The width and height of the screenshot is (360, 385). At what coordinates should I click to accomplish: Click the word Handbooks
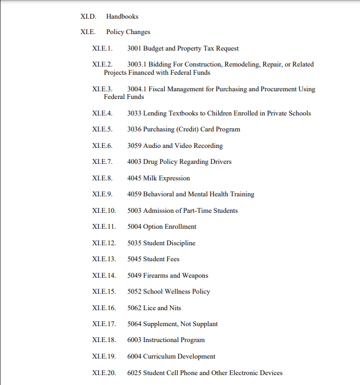click(x=122, y=16)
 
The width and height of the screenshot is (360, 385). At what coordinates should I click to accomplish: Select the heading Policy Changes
click(x=128, y=32)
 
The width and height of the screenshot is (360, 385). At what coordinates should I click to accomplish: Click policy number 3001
click(x=134, y=48)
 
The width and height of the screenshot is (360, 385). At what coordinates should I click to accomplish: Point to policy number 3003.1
click(x=138, y=64)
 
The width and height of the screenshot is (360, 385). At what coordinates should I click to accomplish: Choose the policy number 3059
click(x=134, y=146)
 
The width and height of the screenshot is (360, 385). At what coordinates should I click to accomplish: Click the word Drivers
click(x=219, y=162)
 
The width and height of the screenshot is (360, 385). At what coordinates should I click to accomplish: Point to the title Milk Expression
click(x=166, y=178)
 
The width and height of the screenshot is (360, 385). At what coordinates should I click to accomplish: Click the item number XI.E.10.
click(x=104, y=211)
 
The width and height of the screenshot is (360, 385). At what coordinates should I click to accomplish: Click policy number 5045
click(x=134, y=259)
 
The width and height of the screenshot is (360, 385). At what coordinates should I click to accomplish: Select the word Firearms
click(x=155, y=276)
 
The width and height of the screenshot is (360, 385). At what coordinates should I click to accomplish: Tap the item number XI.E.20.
click(x=104, y=373)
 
